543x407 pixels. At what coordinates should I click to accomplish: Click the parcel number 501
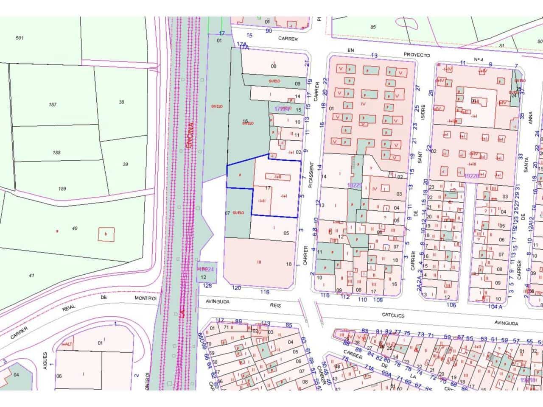[x=20, y=38]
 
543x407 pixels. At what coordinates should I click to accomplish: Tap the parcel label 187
[x=53, y=105]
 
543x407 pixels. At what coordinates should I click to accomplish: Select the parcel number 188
[x=57, y=153]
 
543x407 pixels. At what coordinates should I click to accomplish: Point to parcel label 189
[x=62, y=189]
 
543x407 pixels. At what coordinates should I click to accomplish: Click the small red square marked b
[x=106, y=234]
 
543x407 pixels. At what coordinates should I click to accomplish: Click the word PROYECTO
[x=417, y=55]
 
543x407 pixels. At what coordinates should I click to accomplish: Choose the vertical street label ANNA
[x=530, y=120]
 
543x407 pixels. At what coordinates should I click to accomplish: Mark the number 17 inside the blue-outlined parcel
[x=268, y=187]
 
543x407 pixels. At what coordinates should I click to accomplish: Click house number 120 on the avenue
[x=237, y=288]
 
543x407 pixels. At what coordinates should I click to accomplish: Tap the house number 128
[x=208, y=286]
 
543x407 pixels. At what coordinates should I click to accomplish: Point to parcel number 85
[x=373, y=27]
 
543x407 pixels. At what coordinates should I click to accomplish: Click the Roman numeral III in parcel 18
[x=259, y=262]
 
